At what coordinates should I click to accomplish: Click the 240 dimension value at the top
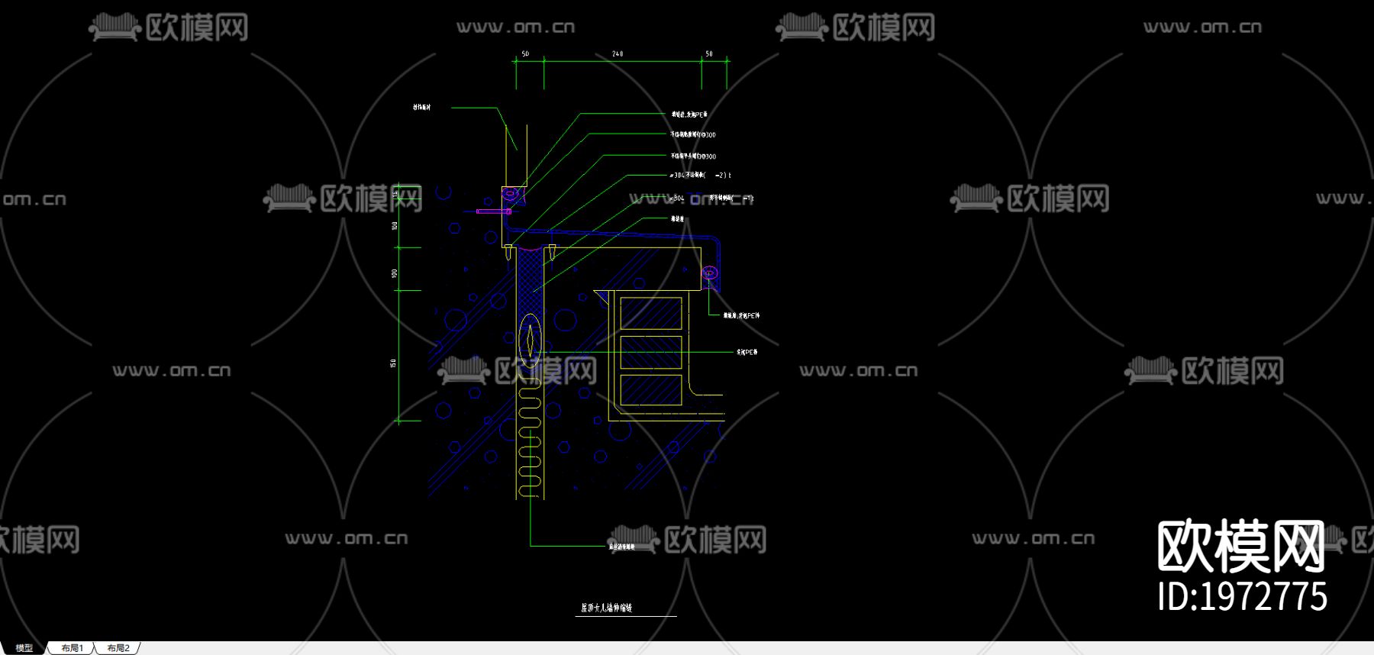click(618, 53)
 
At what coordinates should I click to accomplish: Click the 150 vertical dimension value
click(394, 363)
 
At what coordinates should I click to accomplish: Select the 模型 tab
click(24, 648)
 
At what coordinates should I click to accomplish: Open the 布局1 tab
click(73, 648)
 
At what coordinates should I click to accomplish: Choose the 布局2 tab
click(118, 648)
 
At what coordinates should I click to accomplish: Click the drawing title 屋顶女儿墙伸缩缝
click(607, 608)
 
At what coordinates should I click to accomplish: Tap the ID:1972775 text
click(1242, 597)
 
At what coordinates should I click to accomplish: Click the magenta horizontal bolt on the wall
click(493, 211)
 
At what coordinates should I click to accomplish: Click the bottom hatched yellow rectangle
click(650, 390)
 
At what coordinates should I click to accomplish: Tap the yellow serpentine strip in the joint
click(530, 443)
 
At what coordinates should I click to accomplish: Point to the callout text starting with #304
click(700, 176)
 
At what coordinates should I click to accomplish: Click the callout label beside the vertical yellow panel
click(422, 108)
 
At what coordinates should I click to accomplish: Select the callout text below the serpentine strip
click(621, 547)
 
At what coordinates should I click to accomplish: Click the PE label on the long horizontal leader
click(747, 352)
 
